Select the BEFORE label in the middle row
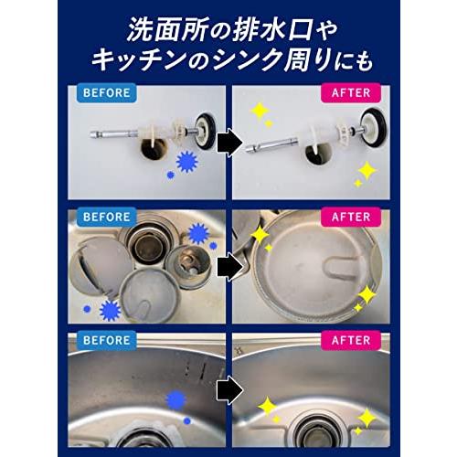point(105,218)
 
